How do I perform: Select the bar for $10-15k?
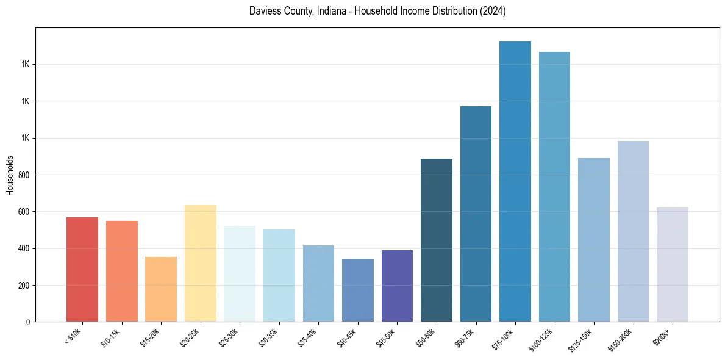(121, 271)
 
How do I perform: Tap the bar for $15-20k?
(161, 289)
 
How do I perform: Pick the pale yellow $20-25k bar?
(201, 263)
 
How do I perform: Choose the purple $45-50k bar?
(397, 286)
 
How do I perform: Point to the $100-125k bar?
(554, 187)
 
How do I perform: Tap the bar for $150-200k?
(633, 231)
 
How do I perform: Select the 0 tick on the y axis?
(30, 322)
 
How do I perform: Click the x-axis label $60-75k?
(467, 337)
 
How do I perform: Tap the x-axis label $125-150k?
(584, 339)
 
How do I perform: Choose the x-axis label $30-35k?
(270, 337)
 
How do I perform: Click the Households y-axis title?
(10, 175)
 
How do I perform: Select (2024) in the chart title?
(493, 11)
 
